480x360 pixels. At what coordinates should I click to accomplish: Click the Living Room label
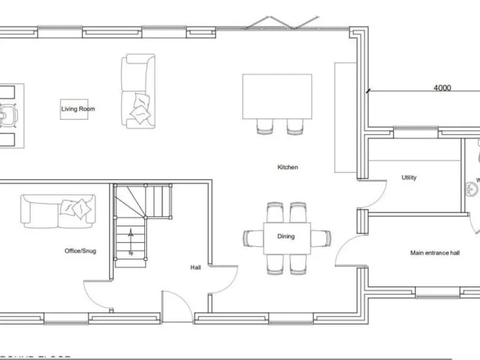78,109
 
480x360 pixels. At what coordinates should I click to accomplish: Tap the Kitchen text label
287,167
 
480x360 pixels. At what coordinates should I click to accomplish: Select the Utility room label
409,177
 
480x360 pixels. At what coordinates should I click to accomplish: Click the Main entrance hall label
435,253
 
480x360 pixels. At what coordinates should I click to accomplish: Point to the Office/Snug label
81,251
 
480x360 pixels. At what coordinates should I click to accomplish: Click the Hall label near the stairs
196,267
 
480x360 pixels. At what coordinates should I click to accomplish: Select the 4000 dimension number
442,88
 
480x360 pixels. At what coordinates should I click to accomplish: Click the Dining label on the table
286,236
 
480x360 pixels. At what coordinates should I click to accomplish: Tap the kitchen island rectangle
277,96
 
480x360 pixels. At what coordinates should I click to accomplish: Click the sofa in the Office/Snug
58,209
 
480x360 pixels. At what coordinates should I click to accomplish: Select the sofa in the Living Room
138,91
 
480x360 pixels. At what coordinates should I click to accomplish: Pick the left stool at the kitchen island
265,126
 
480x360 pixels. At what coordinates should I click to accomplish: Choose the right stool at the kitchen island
295,126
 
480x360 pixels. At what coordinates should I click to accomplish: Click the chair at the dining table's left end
253,237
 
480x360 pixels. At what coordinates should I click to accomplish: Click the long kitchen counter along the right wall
344,117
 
